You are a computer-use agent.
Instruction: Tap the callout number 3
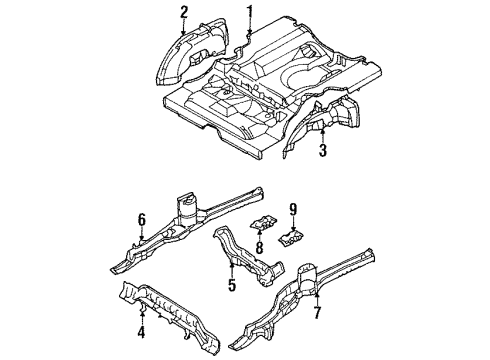322,151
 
